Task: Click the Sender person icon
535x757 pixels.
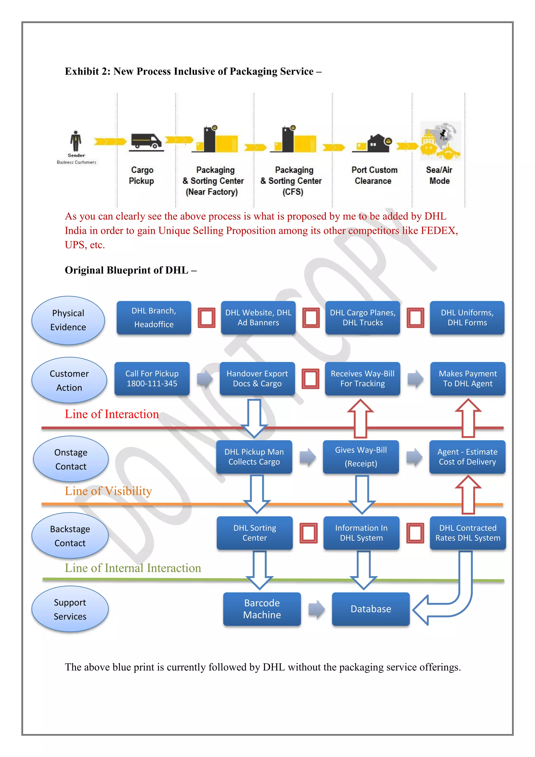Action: pos(76,141)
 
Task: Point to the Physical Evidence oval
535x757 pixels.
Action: pos(68,320)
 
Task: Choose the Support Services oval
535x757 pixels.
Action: pos(70,609)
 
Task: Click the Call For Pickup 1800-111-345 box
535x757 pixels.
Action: pos(152,378)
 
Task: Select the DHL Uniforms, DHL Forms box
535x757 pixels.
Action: pos(467,318)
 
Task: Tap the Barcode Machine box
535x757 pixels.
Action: pos(262,609)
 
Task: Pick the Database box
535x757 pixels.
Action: pos(371,609)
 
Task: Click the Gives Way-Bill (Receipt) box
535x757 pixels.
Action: pos(361,457)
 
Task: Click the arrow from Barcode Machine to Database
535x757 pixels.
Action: pos(316,609)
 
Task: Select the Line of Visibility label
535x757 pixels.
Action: pos(108,491)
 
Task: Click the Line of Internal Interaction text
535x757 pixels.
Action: pos(133,568)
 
